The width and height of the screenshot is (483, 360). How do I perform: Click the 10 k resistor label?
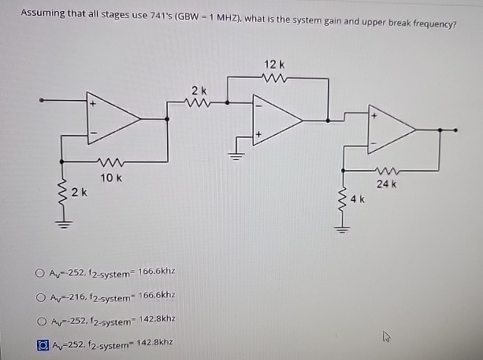pos(111,178)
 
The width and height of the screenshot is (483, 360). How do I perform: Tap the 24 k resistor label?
pos(386,184)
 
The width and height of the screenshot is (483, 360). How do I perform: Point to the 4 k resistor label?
pos(357,199)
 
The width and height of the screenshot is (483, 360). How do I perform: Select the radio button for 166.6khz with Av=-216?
pos(41,297)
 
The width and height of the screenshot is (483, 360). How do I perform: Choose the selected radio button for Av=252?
pos(43,345)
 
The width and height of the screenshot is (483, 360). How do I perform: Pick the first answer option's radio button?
pos(39,273)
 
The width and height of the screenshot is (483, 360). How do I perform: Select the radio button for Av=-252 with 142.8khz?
pos(42,321)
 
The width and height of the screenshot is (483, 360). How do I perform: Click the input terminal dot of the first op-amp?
pos(41,100)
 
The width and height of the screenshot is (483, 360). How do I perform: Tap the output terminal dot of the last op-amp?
pos(455,130)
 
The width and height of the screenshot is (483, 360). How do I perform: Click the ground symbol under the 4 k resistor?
pos(342,229)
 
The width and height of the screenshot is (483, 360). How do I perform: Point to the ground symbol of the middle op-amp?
pos(236,156)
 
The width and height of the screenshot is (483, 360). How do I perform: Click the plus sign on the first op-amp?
pos(93,104)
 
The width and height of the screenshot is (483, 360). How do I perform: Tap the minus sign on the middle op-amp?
pos(258,106)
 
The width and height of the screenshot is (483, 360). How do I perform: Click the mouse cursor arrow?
pos(385,336)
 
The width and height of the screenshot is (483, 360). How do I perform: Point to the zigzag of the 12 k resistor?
pos(274,78)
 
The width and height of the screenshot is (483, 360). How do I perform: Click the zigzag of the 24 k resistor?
pos(387,170)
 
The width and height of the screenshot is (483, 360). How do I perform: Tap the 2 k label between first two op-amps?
pos(199,91)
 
